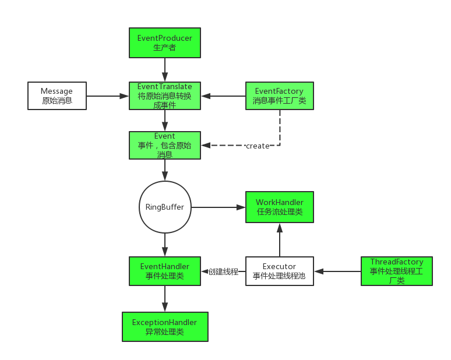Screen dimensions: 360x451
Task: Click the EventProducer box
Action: [165, 43]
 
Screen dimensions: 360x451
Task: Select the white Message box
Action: [57, 96]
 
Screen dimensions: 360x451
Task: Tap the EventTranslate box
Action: [165, 96]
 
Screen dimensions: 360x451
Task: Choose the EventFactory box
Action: [279, 96]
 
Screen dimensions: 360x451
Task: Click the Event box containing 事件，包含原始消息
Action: [165, 145]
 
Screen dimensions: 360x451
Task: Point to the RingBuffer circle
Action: [165, 207]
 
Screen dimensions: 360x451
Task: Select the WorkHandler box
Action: [279, 207]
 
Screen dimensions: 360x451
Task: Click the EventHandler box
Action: [165, 271]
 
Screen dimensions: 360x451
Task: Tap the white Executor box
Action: [279, 271]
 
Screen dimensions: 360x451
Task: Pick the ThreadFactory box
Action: [396, 271]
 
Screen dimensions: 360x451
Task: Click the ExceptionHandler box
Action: [165, 326]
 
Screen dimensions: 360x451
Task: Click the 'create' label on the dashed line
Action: [258, 146]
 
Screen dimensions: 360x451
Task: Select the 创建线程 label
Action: [223, 271]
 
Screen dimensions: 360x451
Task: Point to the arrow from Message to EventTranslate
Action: [108, 96]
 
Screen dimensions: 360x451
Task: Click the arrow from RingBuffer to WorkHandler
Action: [219, 207]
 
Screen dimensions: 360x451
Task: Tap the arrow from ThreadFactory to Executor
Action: [337, 271]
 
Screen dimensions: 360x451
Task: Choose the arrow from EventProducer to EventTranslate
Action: [165, 70]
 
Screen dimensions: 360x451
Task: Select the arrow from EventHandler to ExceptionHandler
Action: [165, 298]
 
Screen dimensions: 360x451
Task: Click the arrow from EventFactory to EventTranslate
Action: [223, 96]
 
